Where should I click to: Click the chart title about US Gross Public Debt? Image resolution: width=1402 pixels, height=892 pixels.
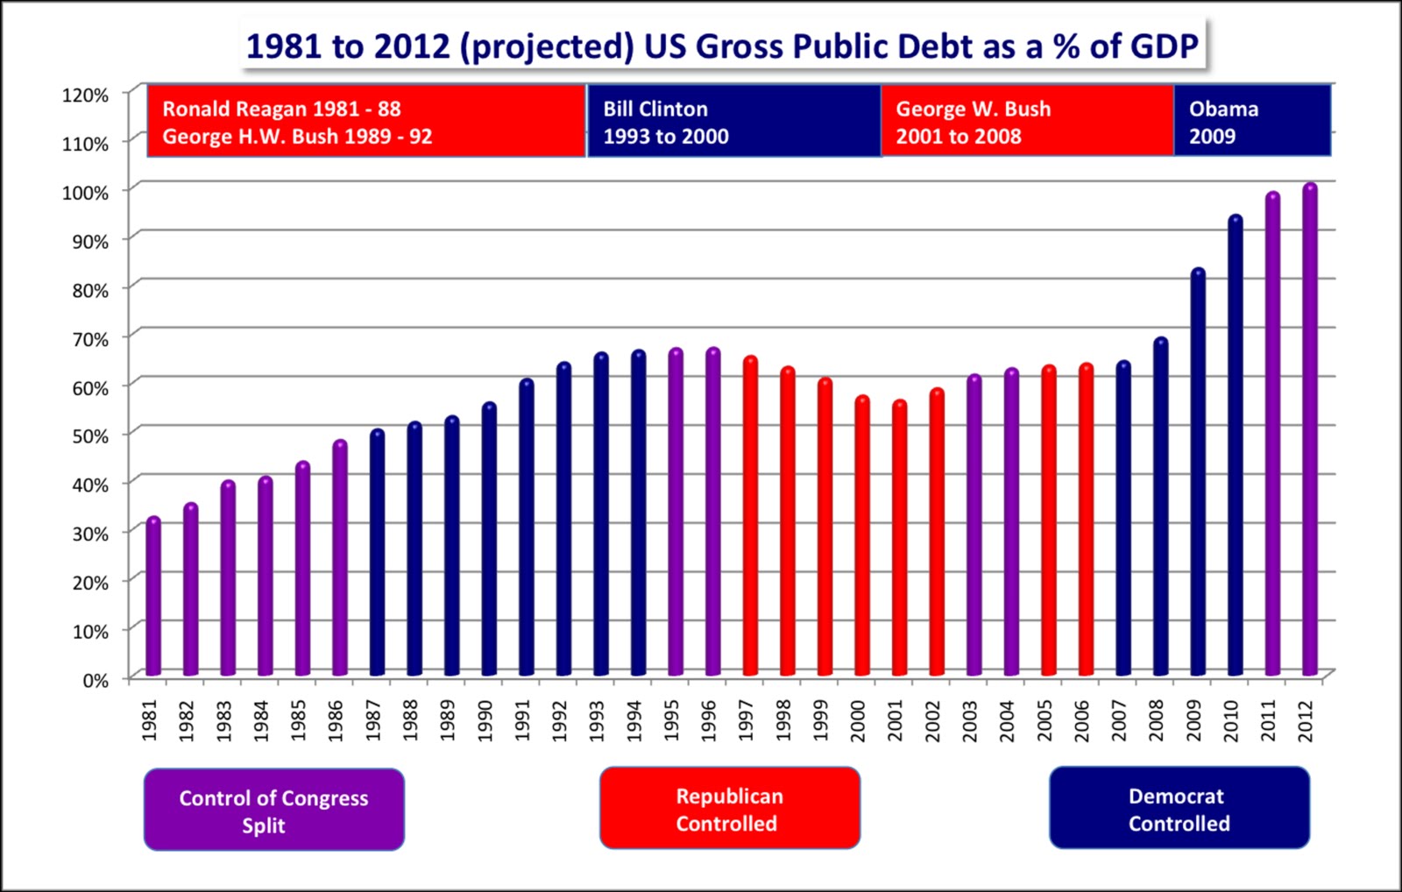pyautogui.click(x=722, y=46)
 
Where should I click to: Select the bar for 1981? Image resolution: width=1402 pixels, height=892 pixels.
pyautogui.click(x=153, y=596)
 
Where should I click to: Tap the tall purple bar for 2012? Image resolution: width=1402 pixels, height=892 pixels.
pyautogui.click(x=1309, y=429)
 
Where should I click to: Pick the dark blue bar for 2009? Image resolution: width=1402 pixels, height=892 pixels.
pyautogui.click(x=1198, y=473)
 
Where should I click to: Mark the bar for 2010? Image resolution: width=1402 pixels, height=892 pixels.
pyautogui.click(x=1235, y=447)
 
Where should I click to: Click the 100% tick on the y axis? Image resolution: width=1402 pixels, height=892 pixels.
pyautogui.click(x=85, y=193)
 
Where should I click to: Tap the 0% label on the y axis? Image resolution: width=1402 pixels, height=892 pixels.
pyautogui.click(x=96, y=680)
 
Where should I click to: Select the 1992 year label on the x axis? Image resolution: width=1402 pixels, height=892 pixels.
pyautogui.click(x=561, y=720)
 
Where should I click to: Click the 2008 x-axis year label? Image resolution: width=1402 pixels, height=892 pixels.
pyautogui.click(x=1157, y=720)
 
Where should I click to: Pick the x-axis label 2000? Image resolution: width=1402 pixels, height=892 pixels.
pyautogui.click(x=859, y=720)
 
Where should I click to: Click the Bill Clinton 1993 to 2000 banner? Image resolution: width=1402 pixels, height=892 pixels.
pyautogui.click(x=733, y=122)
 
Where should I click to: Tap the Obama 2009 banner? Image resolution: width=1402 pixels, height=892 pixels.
pyautogui.click(x=1251, y=122)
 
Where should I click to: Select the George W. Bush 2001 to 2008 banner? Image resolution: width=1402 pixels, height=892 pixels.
pyautogui.click(x=1026, y=122)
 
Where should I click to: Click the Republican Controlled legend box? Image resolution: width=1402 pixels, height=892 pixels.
pyautogui.click(x=729, y=809)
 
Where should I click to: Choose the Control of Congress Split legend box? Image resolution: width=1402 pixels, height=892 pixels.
pyautogui.click(x=273, y=811)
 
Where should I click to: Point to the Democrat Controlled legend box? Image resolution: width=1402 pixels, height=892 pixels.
pyautogui.click(x=1179, y=809)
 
